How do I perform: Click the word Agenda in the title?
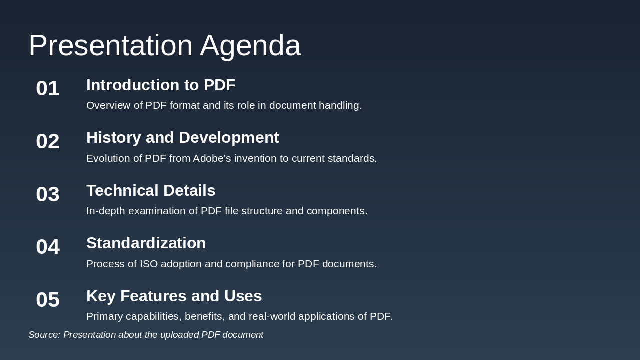tap(250, 46)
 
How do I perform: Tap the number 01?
tap(48, 88)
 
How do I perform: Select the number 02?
tap(48, 141)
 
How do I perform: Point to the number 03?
tap(48, 194)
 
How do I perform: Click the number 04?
tap(48, 247)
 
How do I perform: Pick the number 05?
tap(48, 300)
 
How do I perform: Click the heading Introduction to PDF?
tap(161, 85)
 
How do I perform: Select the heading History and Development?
tap(182, 138)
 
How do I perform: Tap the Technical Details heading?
tap(151, 191)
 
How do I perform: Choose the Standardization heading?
tap(146, 243)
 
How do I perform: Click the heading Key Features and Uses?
tap(174, 296)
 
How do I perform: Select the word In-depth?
tap(105, 211)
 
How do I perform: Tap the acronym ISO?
tap(149, 264)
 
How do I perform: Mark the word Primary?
tap(104, 316)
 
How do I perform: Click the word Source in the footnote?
tap(43, 335)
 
